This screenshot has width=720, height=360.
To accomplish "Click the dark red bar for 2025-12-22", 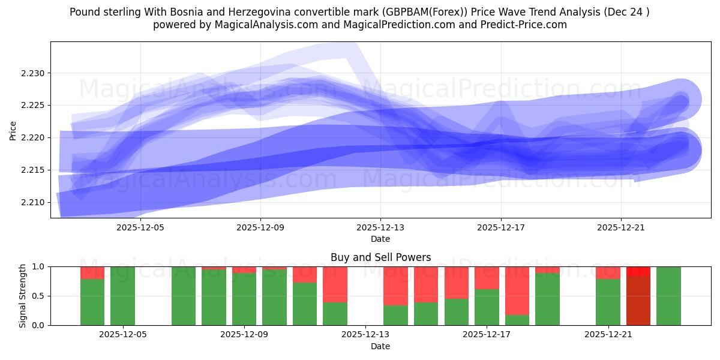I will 638,300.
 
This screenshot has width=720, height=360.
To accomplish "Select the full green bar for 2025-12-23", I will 668,295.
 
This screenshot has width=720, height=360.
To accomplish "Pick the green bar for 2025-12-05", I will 122,295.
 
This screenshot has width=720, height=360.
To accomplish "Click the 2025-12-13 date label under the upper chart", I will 380,227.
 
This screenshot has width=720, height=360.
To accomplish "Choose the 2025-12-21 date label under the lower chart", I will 608,335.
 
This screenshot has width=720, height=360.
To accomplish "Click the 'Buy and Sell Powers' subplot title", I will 380,257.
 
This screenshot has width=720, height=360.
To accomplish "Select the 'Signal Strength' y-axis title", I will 22,296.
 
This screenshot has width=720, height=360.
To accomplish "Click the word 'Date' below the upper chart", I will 380,239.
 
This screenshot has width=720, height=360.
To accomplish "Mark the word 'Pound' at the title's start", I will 83,12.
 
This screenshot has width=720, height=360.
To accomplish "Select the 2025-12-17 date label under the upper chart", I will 500,227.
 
